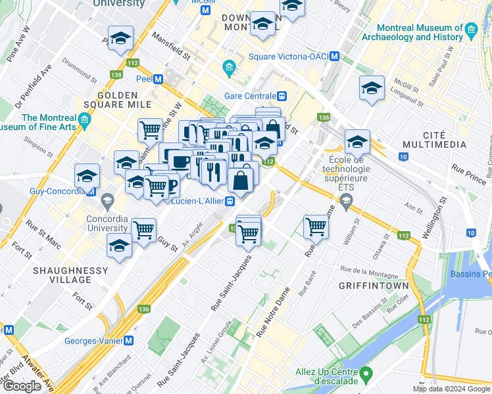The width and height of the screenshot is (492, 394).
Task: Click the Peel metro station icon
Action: coord(158,79)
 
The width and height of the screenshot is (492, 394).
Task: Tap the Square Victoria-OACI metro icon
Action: coord(335,56)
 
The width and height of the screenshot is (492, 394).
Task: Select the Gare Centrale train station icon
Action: coord(282,96)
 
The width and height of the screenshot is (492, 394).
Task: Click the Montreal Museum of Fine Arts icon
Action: coord(84,118)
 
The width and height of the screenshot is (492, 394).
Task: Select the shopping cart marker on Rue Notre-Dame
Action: coord(316,227)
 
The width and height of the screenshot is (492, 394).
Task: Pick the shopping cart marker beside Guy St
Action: coord(143,230)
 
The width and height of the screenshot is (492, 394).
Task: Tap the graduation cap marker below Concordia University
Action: coord(119,247)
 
